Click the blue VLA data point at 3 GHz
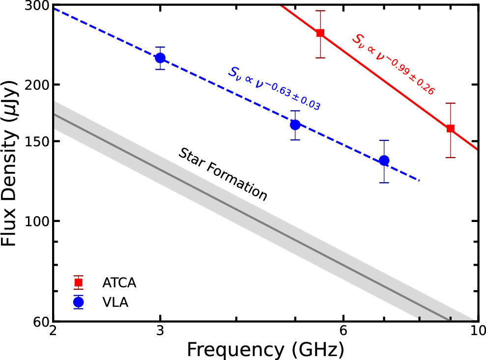[x=160, y=58]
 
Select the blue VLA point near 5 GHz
[x=295, y=125]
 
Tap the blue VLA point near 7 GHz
[x=384, y=161]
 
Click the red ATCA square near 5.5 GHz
[x=320, y=33]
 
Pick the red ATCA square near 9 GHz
[x=450, y=129]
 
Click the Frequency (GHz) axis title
[x=264, y=350]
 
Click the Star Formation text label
[x=223, y=174]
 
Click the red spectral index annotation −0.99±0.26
[x=393, y=64]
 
